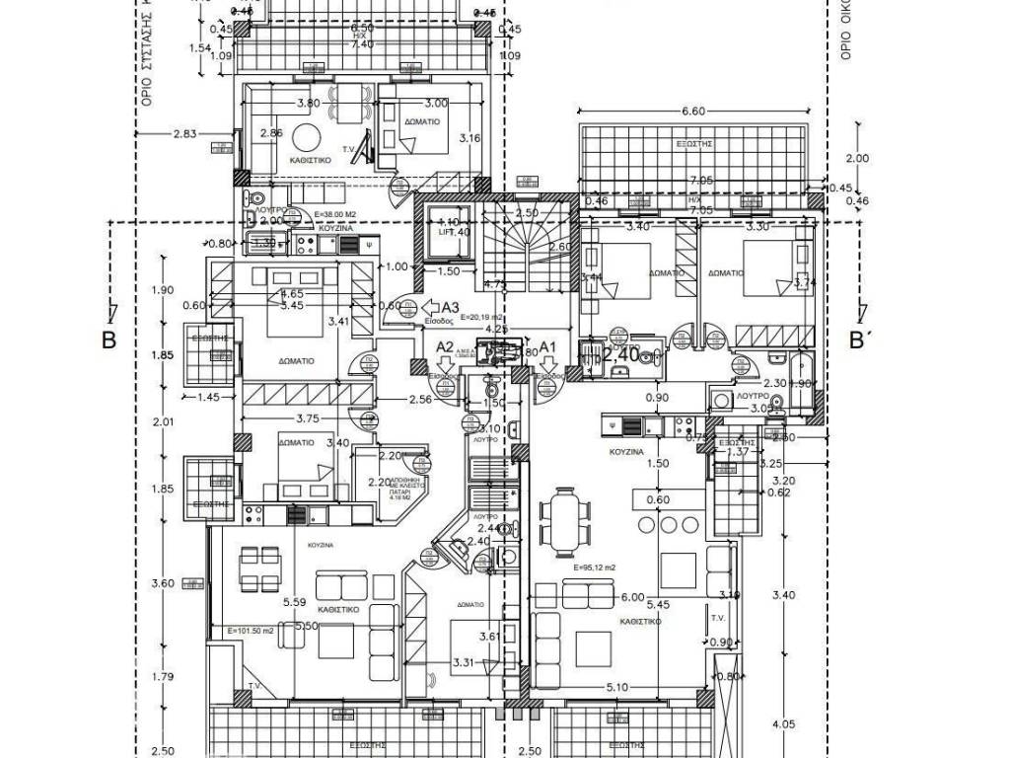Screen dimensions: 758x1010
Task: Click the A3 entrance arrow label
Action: coord(451,307)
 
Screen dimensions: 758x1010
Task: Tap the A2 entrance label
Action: coord(445,347)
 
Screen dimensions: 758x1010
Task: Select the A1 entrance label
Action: coord(548,347)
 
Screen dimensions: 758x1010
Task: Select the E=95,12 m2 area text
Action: coord(594,568)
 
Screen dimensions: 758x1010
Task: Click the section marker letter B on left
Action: coord(108,341)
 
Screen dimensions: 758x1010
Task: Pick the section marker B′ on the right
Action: coord(860,341)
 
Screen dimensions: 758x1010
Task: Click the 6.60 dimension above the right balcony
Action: coord(693,113)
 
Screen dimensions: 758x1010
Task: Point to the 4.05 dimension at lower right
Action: coord(784,724)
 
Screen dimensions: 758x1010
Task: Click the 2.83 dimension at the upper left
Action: coord(185,134)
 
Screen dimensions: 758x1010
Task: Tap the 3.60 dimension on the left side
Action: coord(163,583)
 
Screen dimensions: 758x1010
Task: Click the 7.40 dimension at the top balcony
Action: coord(362,44)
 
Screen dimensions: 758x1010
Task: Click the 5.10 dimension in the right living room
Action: coord(617,688)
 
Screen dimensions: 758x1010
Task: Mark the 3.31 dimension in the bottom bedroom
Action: coord(465,661)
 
